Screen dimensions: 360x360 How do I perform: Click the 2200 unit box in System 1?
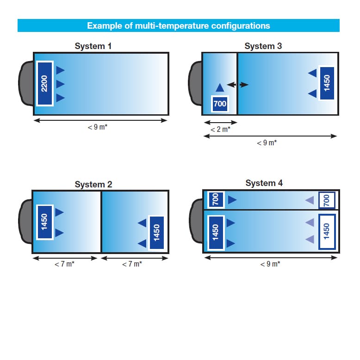(45, 84)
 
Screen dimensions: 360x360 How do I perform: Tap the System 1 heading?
(93, 46)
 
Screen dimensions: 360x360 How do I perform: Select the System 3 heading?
(263, 46)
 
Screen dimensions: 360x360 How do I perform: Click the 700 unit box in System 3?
(220, 104)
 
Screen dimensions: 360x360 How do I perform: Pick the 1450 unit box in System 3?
(327, 83)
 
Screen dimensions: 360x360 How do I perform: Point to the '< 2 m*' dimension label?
(220, 130)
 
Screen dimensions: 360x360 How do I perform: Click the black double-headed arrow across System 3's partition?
(237, 85)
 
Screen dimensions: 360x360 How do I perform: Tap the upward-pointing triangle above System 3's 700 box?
(220, 88)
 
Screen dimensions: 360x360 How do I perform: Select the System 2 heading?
(93, 184)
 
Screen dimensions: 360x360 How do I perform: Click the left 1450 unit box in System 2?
(45, 222)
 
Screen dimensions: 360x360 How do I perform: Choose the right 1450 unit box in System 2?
(156, 233)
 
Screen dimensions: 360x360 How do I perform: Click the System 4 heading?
(264, 183)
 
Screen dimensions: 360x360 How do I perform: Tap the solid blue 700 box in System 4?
(216, 200)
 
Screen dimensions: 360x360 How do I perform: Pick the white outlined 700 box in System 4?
(327, 200)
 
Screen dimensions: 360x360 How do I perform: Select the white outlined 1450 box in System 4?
(327, 232)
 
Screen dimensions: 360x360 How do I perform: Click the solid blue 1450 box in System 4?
(216, 232)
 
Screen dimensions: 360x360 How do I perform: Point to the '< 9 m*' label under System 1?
(98, 127)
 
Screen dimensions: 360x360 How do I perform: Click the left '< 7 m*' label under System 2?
(64, 264)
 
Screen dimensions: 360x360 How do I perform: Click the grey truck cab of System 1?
(26, 84)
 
